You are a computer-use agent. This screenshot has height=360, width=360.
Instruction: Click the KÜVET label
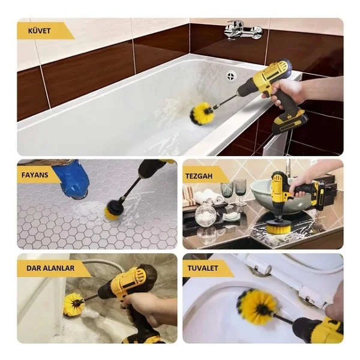[39, 31]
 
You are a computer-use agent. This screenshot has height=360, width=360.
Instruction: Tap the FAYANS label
[35, 175]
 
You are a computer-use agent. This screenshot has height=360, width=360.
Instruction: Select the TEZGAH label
[199, 176]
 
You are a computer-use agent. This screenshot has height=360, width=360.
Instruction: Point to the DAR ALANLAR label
[50, 268]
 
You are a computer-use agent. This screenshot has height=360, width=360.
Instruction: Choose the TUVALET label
[203, 268]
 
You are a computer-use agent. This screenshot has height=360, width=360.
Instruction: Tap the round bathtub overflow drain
[232, 76]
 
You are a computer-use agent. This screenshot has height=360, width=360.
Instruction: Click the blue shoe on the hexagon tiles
[71, 178]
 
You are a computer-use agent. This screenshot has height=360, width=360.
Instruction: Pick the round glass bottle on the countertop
[206, 214]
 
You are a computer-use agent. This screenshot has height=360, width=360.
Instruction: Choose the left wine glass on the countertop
[227, 193]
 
